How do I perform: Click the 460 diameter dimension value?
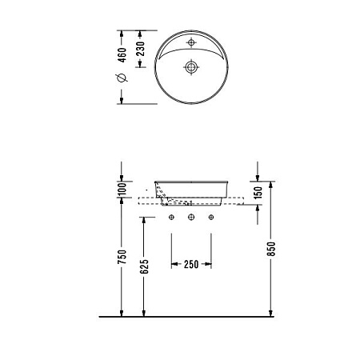coord(121,56)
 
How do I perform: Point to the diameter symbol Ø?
coord(121,78)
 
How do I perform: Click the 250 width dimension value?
coord(192,264)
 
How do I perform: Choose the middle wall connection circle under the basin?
coord(192,216)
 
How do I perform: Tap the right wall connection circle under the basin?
coord(212,216)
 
